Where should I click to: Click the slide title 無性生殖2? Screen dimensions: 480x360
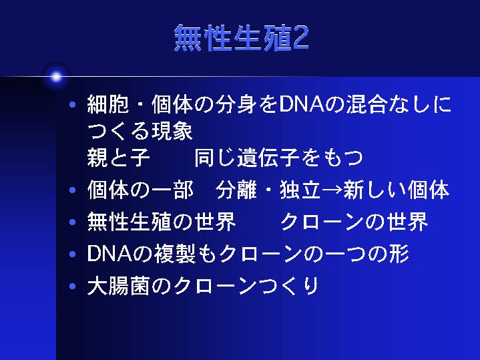[x=242, y=38]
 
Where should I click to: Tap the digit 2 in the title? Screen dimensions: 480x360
[x=300, y=38]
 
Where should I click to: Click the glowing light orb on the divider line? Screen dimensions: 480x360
[x=56, y=77]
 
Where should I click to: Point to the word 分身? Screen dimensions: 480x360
[x=236, y=104]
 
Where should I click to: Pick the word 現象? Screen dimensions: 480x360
[x=172, y=131]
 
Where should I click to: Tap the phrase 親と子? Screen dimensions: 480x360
[x=119, y=158]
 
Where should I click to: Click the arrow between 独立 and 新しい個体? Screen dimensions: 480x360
[x=332, y=190]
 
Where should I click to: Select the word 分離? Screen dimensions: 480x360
[x=236, y=190]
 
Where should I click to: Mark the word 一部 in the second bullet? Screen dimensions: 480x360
[x=172, y=190]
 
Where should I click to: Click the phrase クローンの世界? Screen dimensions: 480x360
[x=354, y=222]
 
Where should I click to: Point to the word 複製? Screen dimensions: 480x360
[x=174, y=254]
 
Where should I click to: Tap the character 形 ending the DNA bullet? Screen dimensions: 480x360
[x=399, y=254]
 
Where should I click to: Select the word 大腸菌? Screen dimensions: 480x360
[x=119, y=286]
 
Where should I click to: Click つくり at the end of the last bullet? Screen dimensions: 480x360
[x=288, y=286]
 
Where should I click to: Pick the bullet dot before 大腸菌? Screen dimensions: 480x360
[x=73, y=287]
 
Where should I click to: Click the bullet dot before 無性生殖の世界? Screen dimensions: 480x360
[x=73, y=222]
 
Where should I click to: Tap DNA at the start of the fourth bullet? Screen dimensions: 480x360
[x=109, y=254]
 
